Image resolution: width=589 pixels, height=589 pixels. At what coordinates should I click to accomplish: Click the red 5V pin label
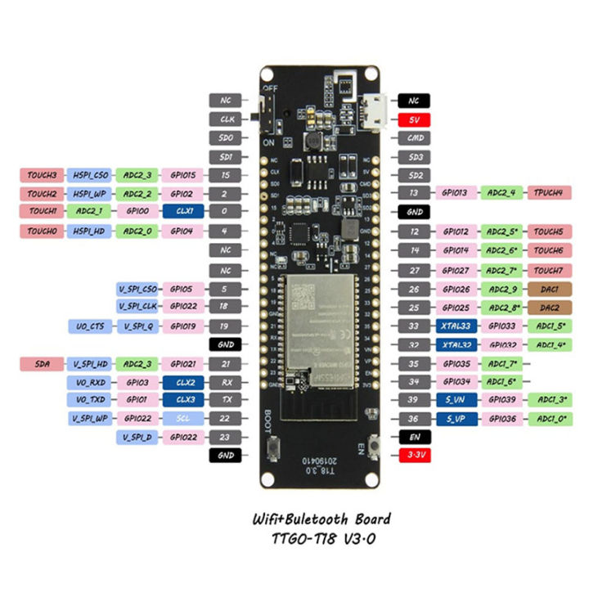[x=415, y=119]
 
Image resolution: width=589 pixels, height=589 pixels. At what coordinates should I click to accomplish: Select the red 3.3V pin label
[x=415, y=454]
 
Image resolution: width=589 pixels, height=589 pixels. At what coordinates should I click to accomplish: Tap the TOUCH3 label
[x=41, y=175]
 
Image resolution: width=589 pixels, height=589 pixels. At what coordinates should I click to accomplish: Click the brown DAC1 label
[x=548, y=289]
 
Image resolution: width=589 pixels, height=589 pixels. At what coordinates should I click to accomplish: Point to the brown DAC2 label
[x=548, y=308]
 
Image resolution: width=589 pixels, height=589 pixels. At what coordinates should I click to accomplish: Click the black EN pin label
[x=415, y=438]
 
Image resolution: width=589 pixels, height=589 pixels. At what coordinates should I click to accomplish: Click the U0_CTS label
[x=88, y=326]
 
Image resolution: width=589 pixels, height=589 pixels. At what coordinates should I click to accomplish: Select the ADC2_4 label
[x=501, y=193]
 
